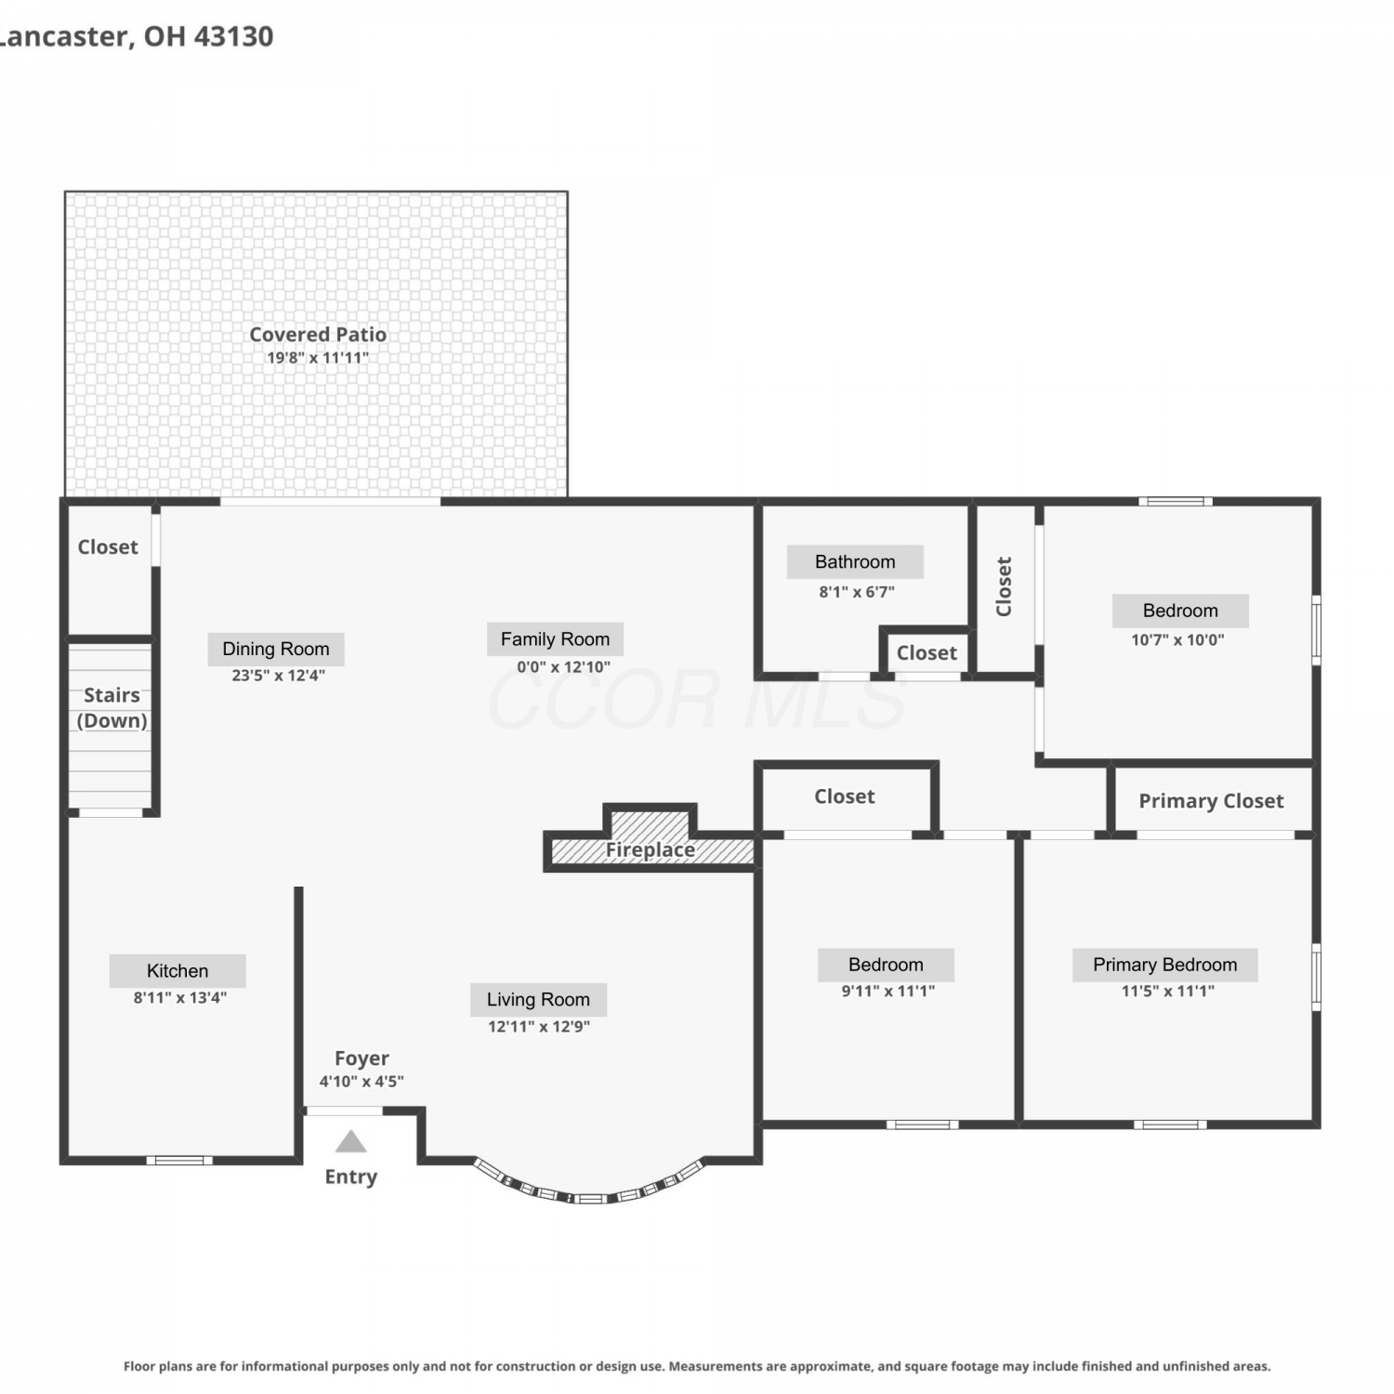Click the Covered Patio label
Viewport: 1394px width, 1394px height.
click(x=318, y=335)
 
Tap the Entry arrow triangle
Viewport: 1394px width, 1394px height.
click(x=350, y=1141)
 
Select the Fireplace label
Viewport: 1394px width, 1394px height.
click(x=651, y=849)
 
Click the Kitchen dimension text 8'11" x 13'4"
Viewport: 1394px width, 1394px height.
click(x=179, y=998)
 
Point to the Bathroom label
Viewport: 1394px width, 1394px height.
click(x=855, y=561)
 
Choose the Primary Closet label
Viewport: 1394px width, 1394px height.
click(x=1211, y=801)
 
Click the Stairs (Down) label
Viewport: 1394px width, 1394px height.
click(x=112, y=708)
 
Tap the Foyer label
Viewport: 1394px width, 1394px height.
click(x=362, y=1059)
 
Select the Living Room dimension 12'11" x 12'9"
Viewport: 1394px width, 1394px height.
click(x=539, y=1027)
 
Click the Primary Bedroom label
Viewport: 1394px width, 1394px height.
click(x=1164, y=965)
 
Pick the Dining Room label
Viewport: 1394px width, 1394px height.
click(x=276, y=649)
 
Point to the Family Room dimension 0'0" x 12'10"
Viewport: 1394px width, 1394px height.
click(x=563, y=667)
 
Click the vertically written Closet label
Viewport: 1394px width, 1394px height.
click(x=1004, y=586)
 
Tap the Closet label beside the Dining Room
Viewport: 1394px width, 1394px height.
click(x=108, y=547)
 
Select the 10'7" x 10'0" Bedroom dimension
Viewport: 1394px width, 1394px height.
click(x=1177, y=639)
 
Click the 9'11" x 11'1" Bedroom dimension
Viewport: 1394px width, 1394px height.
click(x=888, y=991)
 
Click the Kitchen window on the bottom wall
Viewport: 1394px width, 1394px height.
click(x=179, y=1160)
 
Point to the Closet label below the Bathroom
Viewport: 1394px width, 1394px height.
click(x=927, y=653)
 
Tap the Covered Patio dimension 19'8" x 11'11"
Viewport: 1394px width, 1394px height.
click(x=318, y=358)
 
